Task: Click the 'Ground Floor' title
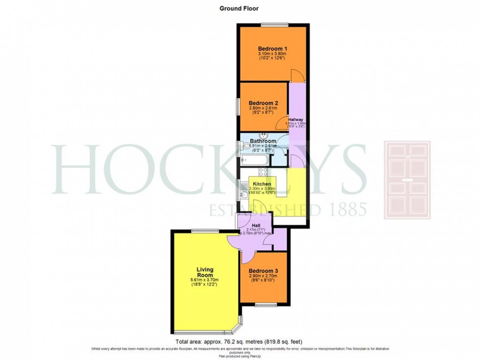[239, 8]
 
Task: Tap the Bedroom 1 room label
[273, 48]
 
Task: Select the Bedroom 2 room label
[264, 103]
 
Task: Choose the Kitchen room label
[262, 184]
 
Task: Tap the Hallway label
[296, 120]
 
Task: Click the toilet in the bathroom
[244, 145]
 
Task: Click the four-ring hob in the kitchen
[263, 171]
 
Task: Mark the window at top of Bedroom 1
[274, 24]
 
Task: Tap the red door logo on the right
[407, 179]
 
